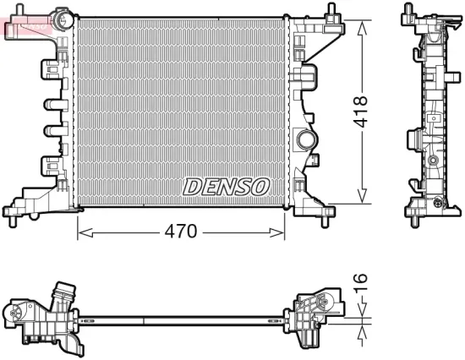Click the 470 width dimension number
click(x=181, y=231)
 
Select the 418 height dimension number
click(x=361, y=112)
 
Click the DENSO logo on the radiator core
click(x=226, y=184)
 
